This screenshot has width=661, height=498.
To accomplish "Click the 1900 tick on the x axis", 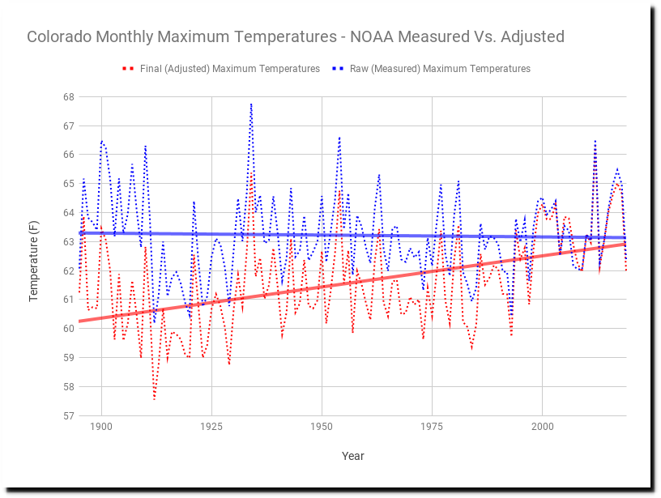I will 101,426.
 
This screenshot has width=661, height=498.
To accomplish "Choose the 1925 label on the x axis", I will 211,426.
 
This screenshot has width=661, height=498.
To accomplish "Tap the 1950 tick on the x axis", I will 322,426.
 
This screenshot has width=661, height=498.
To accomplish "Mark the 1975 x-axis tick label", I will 432,426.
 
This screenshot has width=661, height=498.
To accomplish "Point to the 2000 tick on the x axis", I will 542,426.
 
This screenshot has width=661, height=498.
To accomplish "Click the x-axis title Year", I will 352,456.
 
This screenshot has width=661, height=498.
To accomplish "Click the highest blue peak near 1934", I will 251,104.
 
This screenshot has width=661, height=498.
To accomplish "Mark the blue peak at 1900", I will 102,141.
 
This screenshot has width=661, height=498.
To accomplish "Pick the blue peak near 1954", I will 339,138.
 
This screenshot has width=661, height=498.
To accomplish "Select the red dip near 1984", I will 471,349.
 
